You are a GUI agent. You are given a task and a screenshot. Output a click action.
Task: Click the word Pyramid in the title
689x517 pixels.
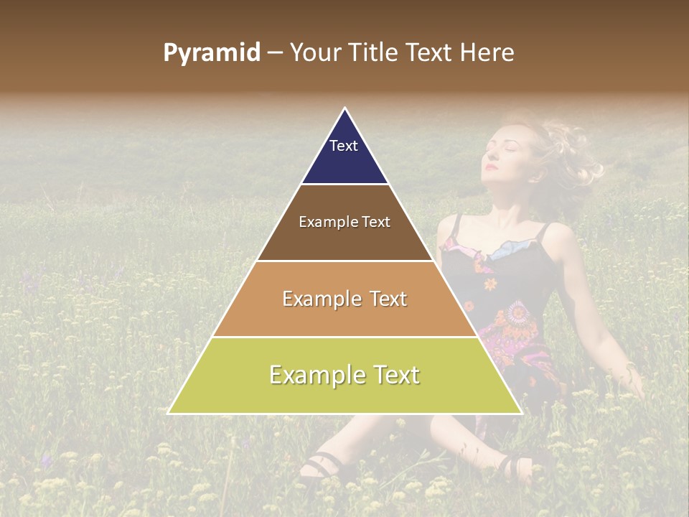point(211,53)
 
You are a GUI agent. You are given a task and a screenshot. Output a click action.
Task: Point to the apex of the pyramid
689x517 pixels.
point(345,109)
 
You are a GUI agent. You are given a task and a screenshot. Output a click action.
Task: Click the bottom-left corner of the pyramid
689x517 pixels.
point(169,413)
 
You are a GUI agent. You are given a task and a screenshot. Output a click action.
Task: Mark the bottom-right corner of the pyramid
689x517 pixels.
point(520,413)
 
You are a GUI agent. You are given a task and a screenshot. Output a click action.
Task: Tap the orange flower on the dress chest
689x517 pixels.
point(490,284)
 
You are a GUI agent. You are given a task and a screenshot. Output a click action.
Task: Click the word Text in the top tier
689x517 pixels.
point(344,146)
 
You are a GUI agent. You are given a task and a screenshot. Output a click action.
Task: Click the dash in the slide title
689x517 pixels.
point(275,53)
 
